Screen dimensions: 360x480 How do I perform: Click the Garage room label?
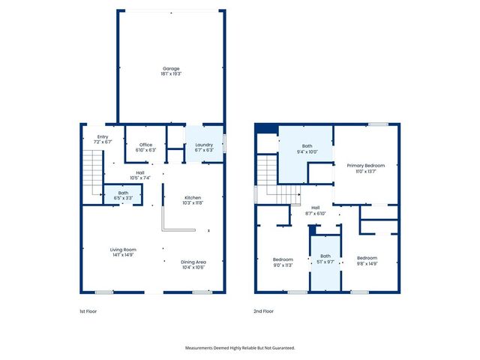[x=171, y=71]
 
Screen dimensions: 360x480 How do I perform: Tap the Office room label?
[x=145, y=147]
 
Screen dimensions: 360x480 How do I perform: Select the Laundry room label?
[x=205, y=147]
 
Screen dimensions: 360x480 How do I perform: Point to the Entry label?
[x=103, y=139]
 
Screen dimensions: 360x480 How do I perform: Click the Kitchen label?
[x=193, y=200]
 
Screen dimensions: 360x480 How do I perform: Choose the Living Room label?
[x=123, y=252]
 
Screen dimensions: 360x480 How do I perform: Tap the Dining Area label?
[x=193, y=264]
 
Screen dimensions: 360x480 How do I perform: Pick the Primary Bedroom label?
[x=365, y=168]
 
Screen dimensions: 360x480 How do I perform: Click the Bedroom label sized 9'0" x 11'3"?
[x=283, y=262]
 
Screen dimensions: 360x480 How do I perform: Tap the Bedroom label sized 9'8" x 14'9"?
[x=367, y=260]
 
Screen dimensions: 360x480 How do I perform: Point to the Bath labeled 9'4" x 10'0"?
[x=307, y=148]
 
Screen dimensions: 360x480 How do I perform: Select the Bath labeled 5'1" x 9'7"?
[x=325, y=259]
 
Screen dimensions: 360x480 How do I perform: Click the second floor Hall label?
[x=315, y=211]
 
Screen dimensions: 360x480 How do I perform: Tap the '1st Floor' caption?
[x=88, y=311]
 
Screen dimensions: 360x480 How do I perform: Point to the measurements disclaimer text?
[x=240, y=348]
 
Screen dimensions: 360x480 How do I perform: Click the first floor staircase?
[x=91, y=171]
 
